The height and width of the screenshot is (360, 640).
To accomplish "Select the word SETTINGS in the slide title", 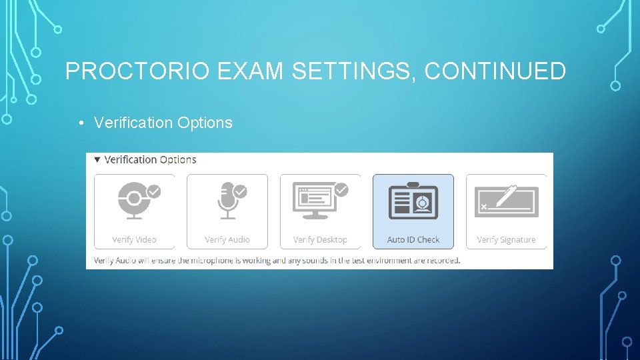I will [x=347, y=71].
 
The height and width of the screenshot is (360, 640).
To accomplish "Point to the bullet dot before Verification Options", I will [x=79, y=123].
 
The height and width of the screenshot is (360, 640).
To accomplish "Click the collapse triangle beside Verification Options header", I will [x=97, y=160].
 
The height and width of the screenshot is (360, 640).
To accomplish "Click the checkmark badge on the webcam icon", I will [x=154, y=191].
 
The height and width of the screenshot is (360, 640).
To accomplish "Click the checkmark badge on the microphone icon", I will [x=240, y=191].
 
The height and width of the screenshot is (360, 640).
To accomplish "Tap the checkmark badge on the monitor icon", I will [x=341, y=191].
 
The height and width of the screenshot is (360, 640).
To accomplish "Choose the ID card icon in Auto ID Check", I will [x=413, y=200].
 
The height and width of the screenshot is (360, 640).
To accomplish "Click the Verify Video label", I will [x=134, y=240].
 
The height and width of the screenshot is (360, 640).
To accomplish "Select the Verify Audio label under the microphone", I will [x=227, y=240].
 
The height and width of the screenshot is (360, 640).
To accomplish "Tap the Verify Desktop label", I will [x=320, y=240].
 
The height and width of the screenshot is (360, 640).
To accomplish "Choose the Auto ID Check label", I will [x=413, y=240].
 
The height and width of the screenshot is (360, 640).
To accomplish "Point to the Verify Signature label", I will [x=506, y=240].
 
